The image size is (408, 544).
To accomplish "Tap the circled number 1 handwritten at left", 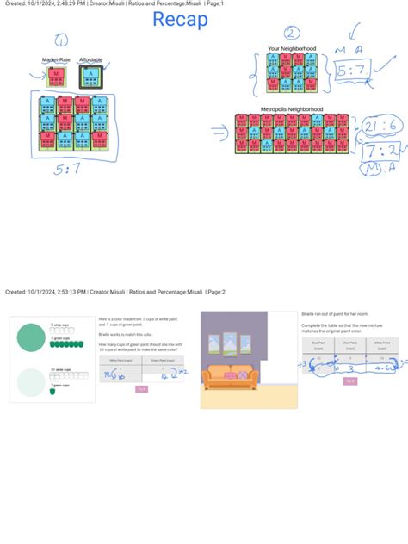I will point(60,40).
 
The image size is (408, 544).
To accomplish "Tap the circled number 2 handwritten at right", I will point(293,34).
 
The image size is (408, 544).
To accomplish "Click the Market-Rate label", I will point(56,59).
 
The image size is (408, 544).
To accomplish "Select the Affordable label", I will point(90,59).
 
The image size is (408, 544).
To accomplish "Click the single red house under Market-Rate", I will point(56,76).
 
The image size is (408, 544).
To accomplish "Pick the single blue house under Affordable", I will point(90,76).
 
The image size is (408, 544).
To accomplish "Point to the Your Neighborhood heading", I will point(292,48).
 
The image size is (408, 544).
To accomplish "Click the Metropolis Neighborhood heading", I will point(292,109).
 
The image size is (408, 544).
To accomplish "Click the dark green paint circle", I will point(32,337).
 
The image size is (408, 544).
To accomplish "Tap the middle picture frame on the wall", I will point(232,345).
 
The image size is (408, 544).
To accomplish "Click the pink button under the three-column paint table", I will point(350,380).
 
